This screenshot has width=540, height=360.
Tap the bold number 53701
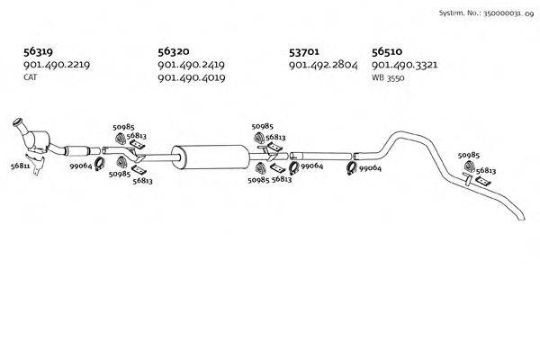(x=304, y=52)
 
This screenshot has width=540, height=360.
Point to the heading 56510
(x=387, y=52)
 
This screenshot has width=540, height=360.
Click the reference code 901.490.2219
(x=56, y=66)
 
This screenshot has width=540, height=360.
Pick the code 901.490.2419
(x=191, y=66)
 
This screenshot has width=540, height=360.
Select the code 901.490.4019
(x=191, y=78)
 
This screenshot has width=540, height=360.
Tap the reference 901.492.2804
(x=323, y=66)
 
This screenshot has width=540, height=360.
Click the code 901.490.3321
(x=405, y=66)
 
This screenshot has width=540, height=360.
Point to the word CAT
(x=30, y=78)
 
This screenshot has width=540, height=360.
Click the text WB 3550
(x=389, y=78)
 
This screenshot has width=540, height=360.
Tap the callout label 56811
(x=20, y=166)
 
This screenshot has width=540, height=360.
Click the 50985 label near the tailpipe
(x=469, y=156)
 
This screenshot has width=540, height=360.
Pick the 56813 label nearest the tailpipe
(x=486, y=170)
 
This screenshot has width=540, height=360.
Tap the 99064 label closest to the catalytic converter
(x=81, y=166)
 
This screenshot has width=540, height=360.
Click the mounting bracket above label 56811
(x=34, y=165)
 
